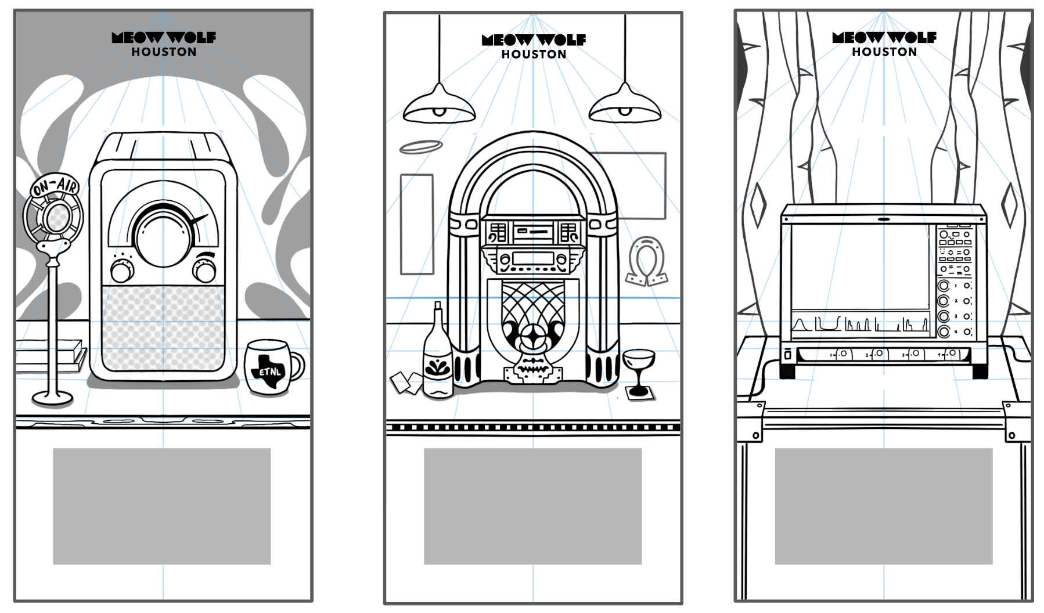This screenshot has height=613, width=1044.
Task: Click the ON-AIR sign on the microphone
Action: pyautogui.click(x=55, y=187)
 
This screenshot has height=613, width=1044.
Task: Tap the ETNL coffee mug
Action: pyautogui.click(x=271, y=367)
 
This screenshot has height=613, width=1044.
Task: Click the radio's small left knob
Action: pyautogui.click(x=123, y=271)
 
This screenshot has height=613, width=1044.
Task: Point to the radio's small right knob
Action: pyautogui.click(x=204, y=271)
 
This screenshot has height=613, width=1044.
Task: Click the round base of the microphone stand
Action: pyautogui.click(x=53, y=398)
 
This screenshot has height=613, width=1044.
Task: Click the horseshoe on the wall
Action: pyautogui.click(x=646, y=261)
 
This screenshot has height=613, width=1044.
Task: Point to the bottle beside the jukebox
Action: pyautogui.click(x=438, y=357)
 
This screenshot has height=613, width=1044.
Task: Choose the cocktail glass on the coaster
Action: pyautogui.click(x=639, y=369)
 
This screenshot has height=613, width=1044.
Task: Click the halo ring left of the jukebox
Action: pyautogui.click(x=421, y=147)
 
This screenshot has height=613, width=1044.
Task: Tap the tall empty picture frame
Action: pyautogui.click(x=417, y=224)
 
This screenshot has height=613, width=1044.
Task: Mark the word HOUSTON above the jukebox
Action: pyautogui.click(x=534, y=55)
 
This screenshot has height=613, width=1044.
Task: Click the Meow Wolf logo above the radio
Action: pyautogui.click(x=164, y=38)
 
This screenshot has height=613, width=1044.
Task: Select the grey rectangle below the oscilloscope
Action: pyautogui.click(x=883, y=506)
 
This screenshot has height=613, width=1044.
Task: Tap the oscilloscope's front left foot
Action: pyautogui.click(x=787, y=369)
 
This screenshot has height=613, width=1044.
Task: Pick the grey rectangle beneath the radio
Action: pyautogui.click(x=161, y=506)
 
